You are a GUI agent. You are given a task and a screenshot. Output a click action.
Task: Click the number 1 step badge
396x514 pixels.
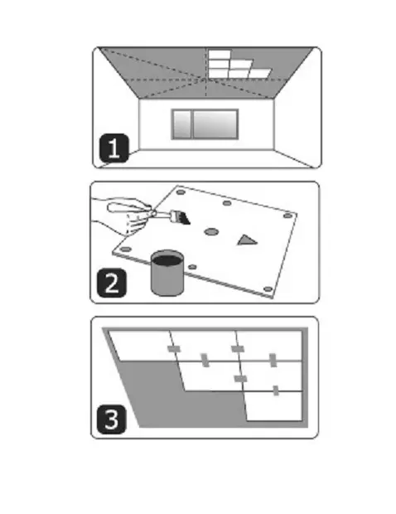point(113,148)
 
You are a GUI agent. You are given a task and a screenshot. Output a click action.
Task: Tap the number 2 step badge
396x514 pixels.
point(111,283)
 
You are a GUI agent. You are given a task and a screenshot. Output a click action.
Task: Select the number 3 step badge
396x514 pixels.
point(111,419)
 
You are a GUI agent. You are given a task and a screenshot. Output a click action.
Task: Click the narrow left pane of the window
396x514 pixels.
point(181,124)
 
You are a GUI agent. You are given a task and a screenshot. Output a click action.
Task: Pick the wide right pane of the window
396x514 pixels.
point(215,124)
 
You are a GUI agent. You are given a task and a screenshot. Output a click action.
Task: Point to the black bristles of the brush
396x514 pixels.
point(184,218)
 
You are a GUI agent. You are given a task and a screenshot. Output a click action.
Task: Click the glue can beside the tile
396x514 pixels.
point(167,273)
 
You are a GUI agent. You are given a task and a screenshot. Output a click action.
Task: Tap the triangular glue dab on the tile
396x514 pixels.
point(247,240)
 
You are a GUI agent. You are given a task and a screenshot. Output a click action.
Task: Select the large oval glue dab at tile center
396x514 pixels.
point(211,232)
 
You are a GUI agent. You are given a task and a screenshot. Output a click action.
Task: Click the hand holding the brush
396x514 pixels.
point(123,215)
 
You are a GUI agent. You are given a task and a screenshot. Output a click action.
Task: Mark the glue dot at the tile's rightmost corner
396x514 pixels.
point(287,216)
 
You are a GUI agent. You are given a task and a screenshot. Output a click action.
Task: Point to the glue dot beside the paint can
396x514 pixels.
point(192,267)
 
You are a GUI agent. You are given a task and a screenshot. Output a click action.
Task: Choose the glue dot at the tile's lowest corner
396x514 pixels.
point(268,289)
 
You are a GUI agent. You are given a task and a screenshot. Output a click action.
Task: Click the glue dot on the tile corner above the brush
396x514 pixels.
point(181,192)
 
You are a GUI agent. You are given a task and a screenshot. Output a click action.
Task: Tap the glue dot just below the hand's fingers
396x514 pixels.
point(125,250)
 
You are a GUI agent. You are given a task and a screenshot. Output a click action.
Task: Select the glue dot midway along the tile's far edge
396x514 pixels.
point(227,203)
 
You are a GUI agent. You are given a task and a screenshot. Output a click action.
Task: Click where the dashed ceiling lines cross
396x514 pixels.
point(205,79)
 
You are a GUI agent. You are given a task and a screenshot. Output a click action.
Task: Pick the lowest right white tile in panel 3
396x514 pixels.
point(274,405)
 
